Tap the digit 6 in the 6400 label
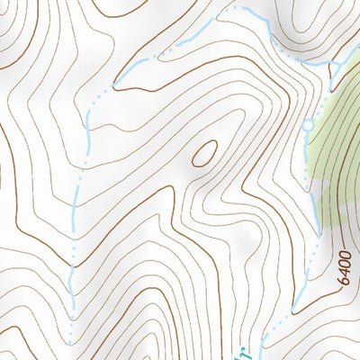[343, 279]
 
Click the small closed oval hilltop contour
[204, 152]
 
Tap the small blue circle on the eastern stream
[308, 125]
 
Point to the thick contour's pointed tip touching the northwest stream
[115, 87]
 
